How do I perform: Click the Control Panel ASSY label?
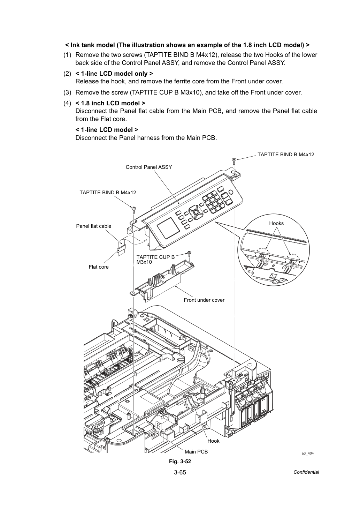click(x=149, y=167)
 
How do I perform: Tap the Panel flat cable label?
click(x=94, y=226)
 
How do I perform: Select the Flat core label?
click(x=99, y=267)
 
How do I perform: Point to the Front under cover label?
click(x=204, y=300)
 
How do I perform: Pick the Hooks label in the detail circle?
click(x=276, y=223)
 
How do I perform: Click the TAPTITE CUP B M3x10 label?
click(x=155, y=260)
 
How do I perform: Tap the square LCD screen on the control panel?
click(x=168, y=228)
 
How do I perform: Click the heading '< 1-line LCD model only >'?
click(x=114, y=74)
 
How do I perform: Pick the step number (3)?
click(x=67, y=92)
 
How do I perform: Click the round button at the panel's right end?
click(x=231, y=192)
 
